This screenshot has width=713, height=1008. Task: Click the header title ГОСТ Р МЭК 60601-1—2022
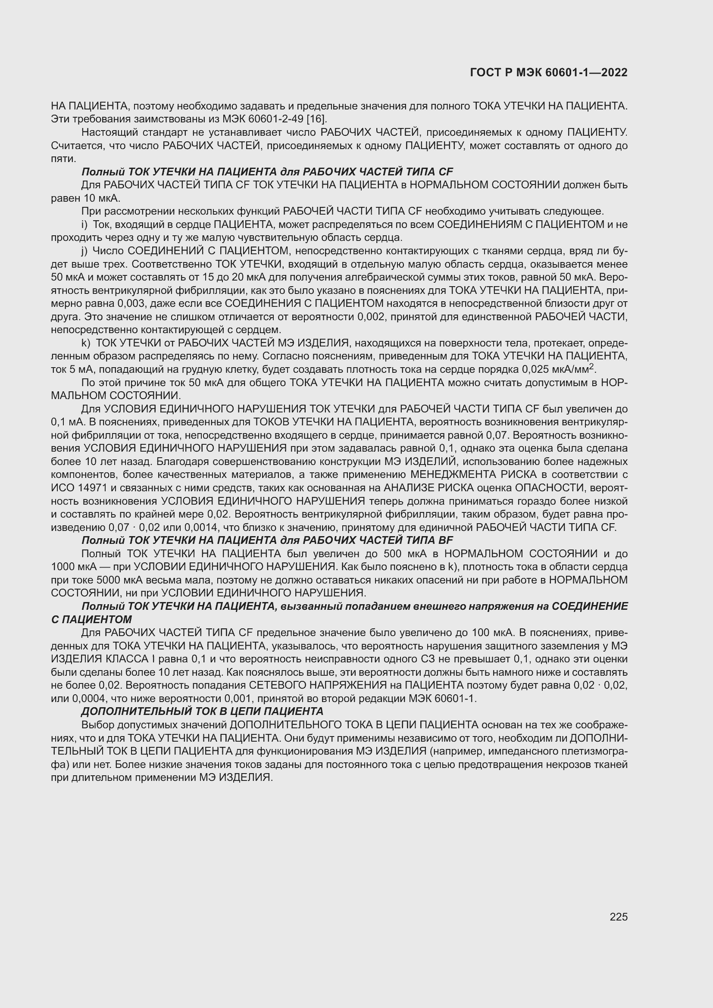pos(548,72)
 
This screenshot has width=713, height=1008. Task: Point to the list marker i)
pos(84,225)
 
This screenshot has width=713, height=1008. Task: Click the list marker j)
pos(84,251)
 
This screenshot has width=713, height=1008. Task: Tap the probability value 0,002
pos(372,317)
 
